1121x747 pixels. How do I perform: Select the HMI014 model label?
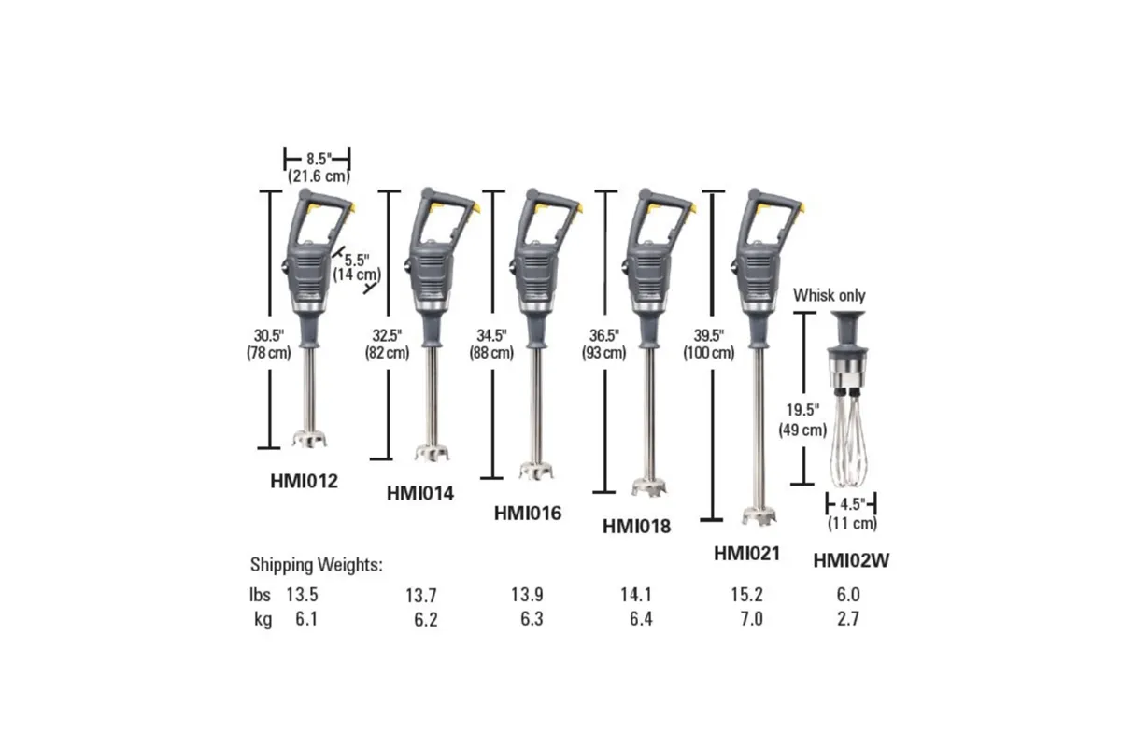pyautogui.click(x=419, y=494)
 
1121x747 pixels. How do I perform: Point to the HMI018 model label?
pyautogui.click(x=637, y=527)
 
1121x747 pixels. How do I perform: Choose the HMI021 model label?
pyautogui.click(x=746, y=553)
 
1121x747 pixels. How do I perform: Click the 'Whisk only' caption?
pyautogui.click(x=830, y=295)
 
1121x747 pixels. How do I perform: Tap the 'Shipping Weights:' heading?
pyautogui.click(x=317, y=565)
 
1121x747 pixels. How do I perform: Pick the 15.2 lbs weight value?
pyautogui.click(x=746, y=594)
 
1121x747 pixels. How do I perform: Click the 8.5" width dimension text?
pyautogui.click(x=317, y=159)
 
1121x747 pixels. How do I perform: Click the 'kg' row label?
pyautogui.click(x=262, y=618)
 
